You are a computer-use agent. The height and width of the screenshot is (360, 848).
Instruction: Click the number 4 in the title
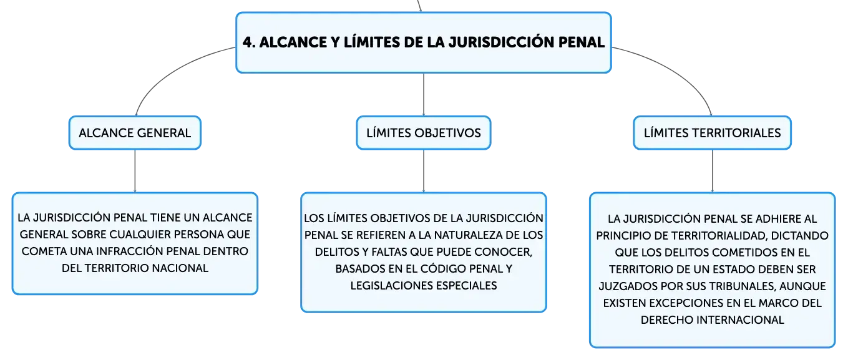[248, 42]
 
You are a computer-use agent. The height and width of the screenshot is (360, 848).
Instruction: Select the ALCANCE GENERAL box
[135, 133]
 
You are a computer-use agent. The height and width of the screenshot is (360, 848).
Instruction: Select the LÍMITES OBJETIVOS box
[424, 133]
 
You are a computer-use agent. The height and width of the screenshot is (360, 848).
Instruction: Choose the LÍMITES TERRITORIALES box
[712, 133]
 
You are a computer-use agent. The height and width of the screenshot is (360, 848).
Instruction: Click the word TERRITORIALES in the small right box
[736, 133]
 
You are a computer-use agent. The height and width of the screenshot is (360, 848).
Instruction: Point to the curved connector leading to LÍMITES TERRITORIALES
[678, 71]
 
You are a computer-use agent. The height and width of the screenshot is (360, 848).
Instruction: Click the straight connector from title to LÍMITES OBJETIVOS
[424, 94]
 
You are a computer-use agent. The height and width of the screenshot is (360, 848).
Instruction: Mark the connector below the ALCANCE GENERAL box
[135, 171]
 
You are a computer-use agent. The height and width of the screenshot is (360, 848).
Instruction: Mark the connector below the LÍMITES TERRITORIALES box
[712, 171]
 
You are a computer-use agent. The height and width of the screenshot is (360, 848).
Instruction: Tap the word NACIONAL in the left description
[180, 268]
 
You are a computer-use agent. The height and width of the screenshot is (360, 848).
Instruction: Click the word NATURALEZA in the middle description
[461, 235]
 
